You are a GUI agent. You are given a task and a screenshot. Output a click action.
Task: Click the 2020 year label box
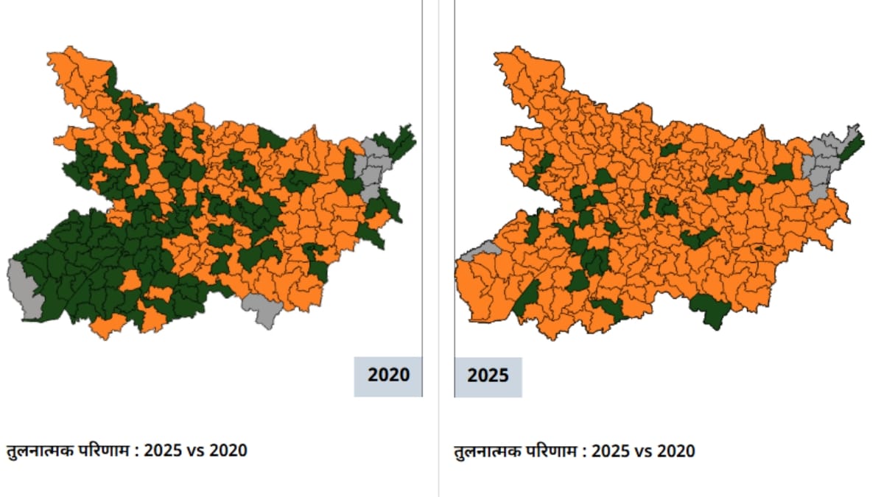click(x=388, y=376)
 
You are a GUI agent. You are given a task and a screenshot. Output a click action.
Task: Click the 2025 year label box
click(x=488, y=376)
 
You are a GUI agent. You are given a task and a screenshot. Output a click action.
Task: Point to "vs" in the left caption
click(x=195, y=450)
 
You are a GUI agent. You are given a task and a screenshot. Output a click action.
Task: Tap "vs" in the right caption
click(x=642, y=450)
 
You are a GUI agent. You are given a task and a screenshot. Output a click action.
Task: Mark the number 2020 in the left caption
click(x=228, y=450)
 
